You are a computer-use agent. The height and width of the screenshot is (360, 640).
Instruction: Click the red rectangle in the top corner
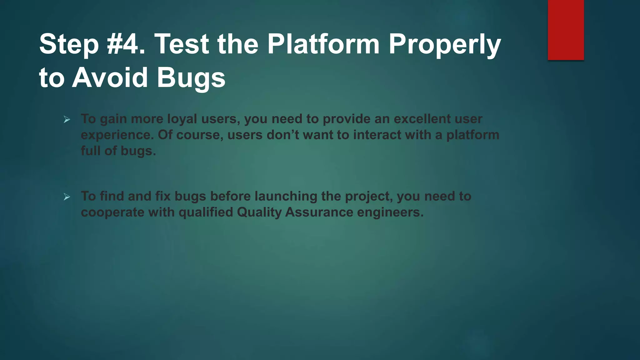click(x=566, y=30)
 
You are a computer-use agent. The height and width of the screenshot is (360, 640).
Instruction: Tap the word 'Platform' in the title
click(x=323, y=44)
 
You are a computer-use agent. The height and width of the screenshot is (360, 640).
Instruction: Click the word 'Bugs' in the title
click(x=191, y=78)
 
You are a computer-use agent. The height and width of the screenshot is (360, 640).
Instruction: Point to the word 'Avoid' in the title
click(x=110, y=78)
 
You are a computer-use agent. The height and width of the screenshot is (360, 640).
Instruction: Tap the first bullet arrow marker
click(x=67, y=119)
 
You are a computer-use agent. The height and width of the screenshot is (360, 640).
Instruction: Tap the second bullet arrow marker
click(x=67, y=197)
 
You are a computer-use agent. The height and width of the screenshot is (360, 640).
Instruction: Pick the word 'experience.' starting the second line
click(x=117, y=135)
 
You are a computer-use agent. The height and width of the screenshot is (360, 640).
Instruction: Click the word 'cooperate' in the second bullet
click(x=112, y=212)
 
